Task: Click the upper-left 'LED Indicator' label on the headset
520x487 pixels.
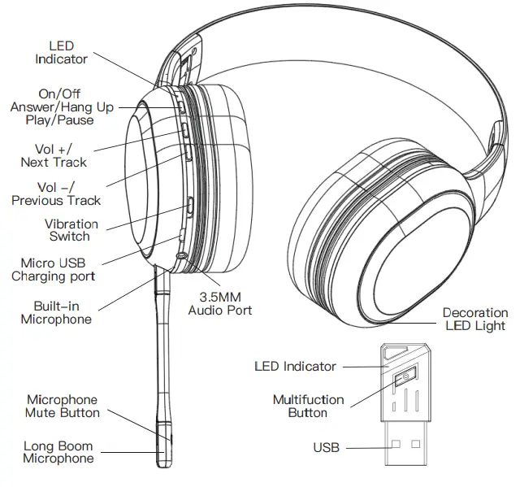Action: (x=61, y=53)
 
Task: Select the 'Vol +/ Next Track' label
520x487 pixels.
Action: (x=54, y=155)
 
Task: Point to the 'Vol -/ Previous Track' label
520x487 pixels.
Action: (x=56, y=193)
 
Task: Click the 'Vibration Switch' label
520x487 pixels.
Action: (x=71, y=230)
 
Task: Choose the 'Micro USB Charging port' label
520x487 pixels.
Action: (x=53, y=269)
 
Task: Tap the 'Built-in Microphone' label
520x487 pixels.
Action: (x=55, y=312)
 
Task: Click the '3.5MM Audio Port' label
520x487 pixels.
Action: (x=219, y=303)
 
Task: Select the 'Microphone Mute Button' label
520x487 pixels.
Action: (x=62, y=406)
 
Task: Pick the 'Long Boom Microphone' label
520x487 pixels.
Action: (x=58, y=452)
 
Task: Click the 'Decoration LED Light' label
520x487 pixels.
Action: (x=474, y=319)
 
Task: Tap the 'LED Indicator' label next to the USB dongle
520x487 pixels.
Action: (x=295, y=367)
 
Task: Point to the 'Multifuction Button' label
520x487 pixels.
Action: (x=308, y=406)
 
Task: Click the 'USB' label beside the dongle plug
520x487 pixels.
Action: (x=326, y=448)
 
